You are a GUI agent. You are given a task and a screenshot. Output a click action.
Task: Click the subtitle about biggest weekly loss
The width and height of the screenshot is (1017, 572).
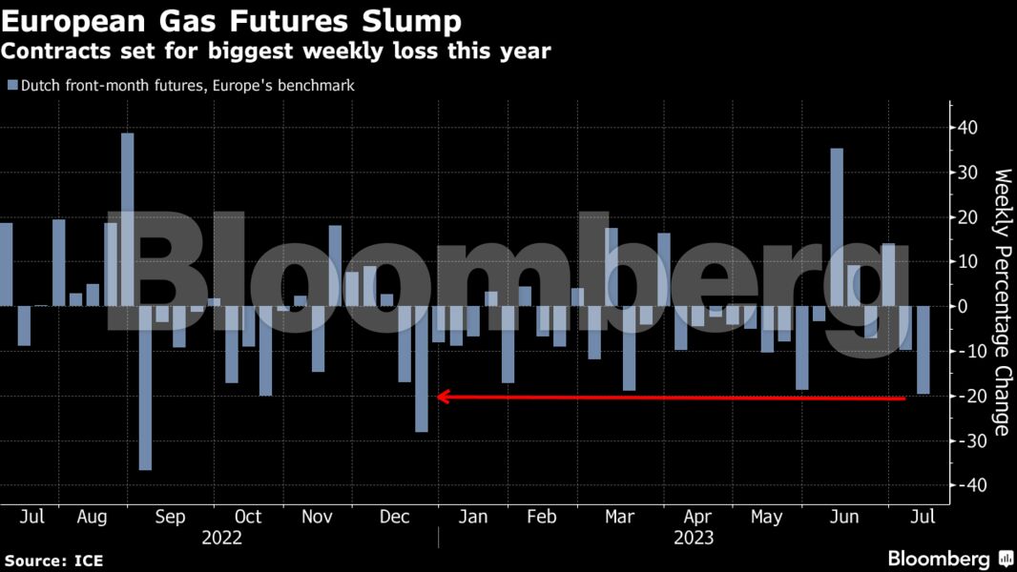278,51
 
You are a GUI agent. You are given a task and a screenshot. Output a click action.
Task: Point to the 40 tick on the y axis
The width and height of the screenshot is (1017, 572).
968,128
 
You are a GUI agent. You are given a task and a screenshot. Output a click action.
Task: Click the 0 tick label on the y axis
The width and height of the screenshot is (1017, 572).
964,306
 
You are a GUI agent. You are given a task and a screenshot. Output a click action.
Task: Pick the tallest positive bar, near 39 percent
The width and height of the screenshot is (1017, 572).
127,219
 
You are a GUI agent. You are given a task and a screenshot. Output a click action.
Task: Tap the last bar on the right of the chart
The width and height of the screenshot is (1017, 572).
923,350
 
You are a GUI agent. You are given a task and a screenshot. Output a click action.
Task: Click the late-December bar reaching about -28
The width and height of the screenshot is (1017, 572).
422,368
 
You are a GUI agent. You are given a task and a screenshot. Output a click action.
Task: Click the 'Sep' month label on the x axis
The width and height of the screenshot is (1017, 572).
170,517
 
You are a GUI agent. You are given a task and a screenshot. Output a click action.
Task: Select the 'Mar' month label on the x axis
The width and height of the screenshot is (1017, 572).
620,517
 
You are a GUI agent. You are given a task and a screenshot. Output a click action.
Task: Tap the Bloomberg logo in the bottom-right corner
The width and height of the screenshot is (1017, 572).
950,559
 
